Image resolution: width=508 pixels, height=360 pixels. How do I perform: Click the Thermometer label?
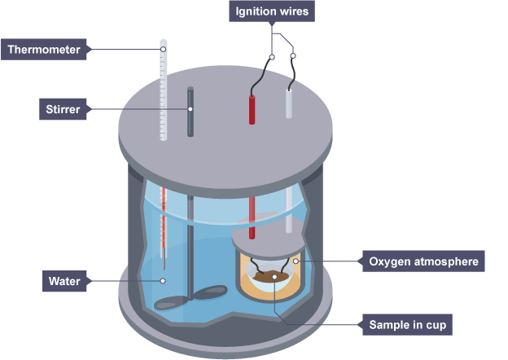tap(45, 50)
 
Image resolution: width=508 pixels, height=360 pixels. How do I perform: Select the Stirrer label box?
tap(63, 109)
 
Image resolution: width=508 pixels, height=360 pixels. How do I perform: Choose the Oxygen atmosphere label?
tap(423, 262)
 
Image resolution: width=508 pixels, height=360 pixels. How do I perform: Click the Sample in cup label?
tap(405, 324)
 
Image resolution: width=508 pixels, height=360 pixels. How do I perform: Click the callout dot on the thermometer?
tap(164, 50)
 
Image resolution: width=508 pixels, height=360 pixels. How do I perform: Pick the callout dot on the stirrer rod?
tap(190, 109)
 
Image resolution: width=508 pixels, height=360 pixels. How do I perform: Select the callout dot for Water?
tap(164, 282)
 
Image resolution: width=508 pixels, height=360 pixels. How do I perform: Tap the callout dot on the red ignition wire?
tap(272, 56)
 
